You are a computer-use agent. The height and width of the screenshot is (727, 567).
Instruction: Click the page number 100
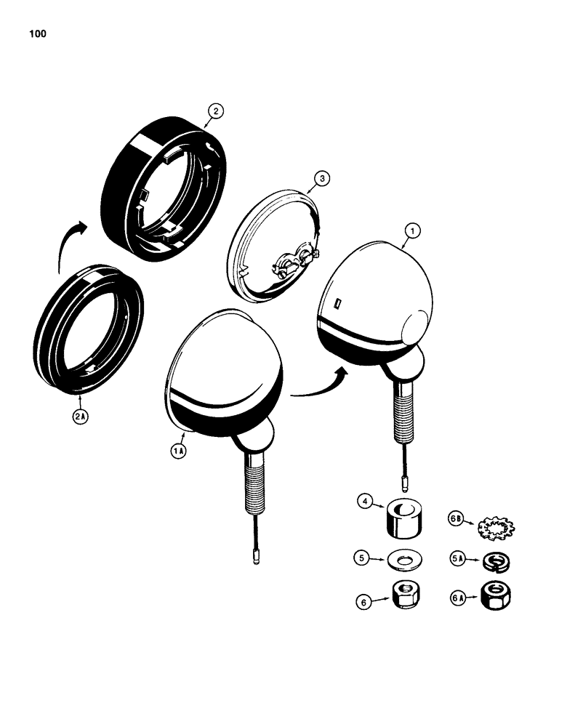(39, 33)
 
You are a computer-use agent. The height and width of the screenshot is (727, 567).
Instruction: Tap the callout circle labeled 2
(215, 111)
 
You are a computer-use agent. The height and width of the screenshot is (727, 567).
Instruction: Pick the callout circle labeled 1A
(179, 451)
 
